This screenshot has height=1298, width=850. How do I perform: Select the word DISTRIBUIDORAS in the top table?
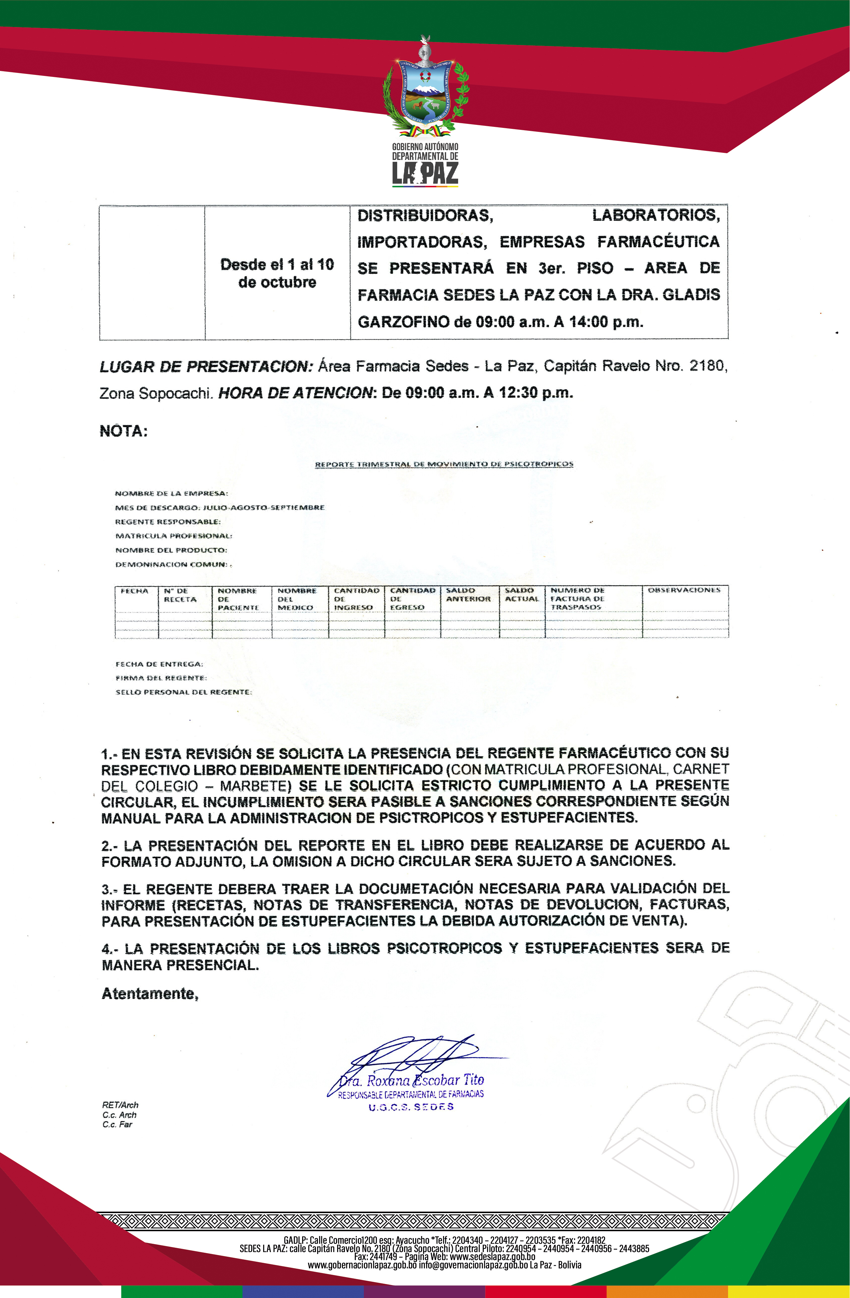pyautogui.click(x=425, y=215)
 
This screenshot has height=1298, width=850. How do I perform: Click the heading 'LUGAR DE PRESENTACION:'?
pyautogui.click(x=206, y=367)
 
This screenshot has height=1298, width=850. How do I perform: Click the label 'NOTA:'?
pyautogui.click(x=123, y=431)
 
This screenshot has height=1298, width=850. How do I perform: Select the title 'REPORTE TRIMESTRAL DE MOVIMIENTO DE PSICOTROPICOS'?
pyautogui.click(x=444, y=464)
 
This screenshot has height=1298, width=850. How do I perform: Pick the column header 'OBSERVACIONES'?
pyautogui.click(x=684, y=590)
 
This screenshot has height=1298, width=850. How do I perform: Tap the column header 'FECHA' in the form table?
pyautogui.click(x=134, y=591)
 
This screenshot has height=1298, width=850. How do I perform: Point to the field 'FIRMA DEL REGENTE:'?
pyautogui.click(x=161, y=678)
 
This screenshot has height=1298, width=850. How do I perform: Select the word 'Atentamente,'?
pyautogui.click(x=150, y=994)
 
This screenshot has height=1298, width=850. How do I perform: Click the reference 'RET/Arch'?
pyautogui.click(x=120, y=1105)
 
